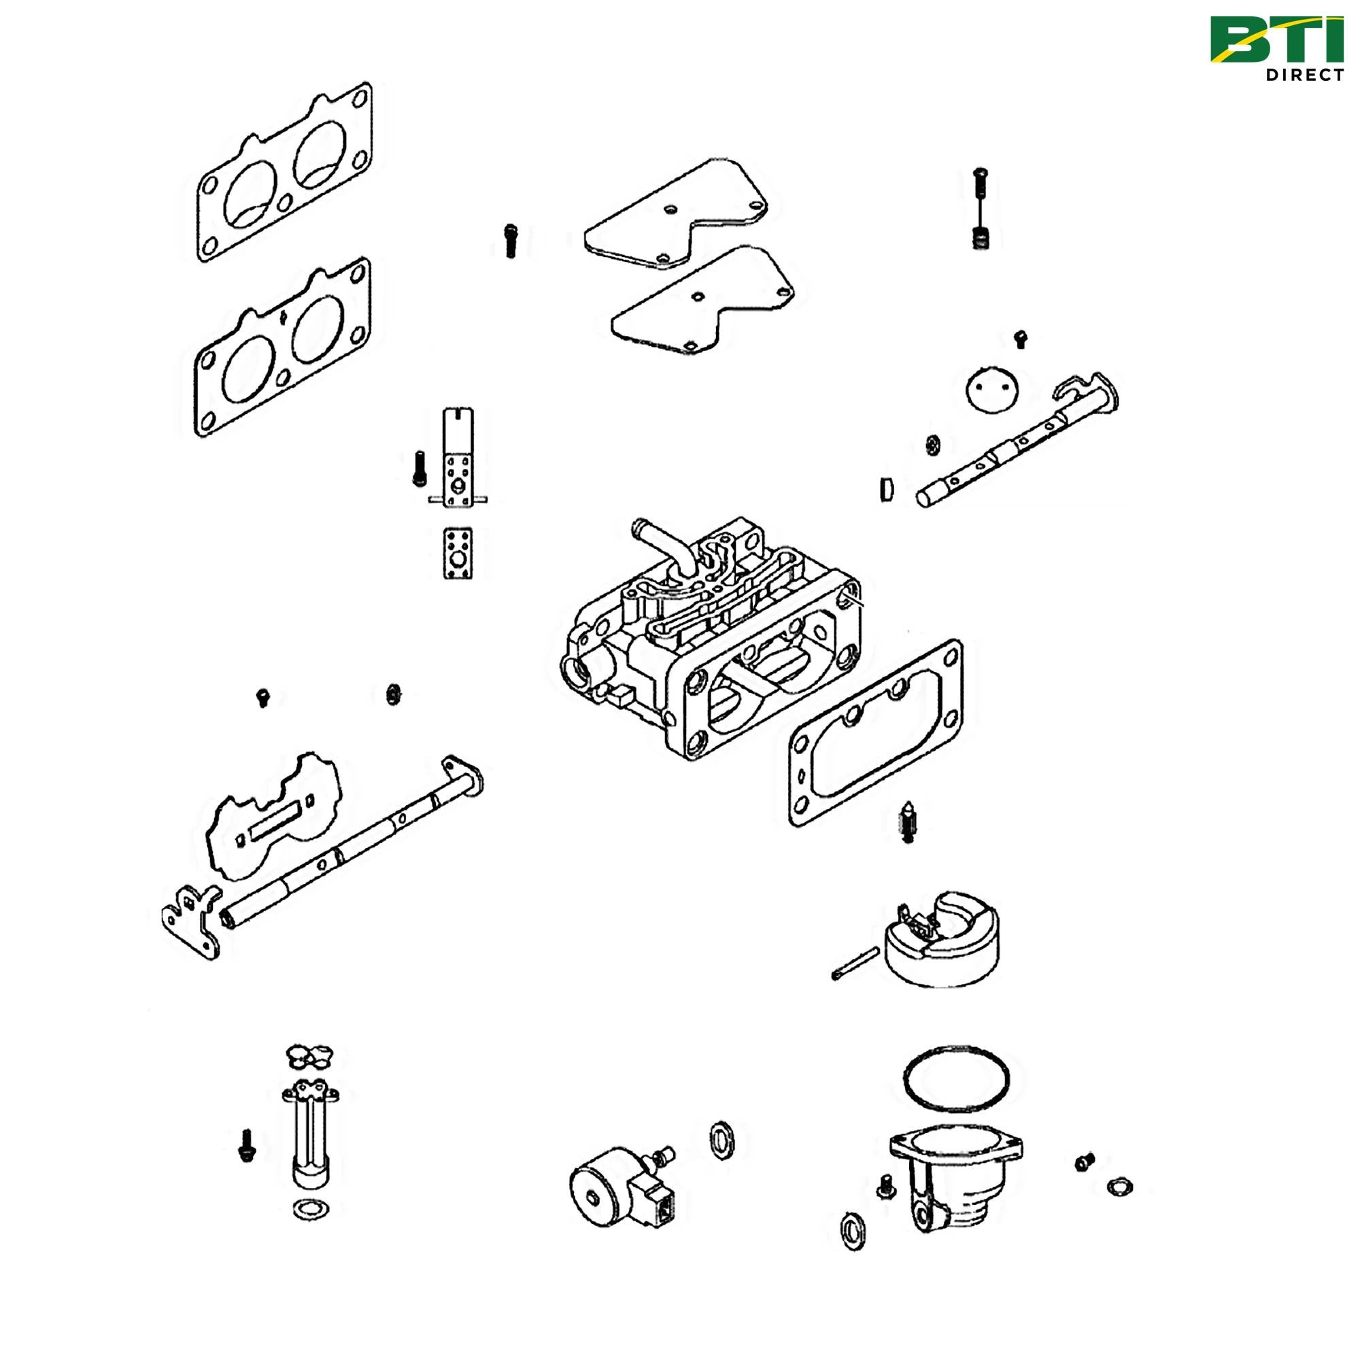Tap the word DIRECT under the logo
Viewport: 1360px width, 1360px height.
point(1304,75)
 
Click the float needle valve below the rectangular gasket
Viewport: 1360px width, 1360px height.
point(907,822)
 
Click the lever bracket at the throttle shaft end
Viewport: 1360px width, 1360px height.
point(189,920)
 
